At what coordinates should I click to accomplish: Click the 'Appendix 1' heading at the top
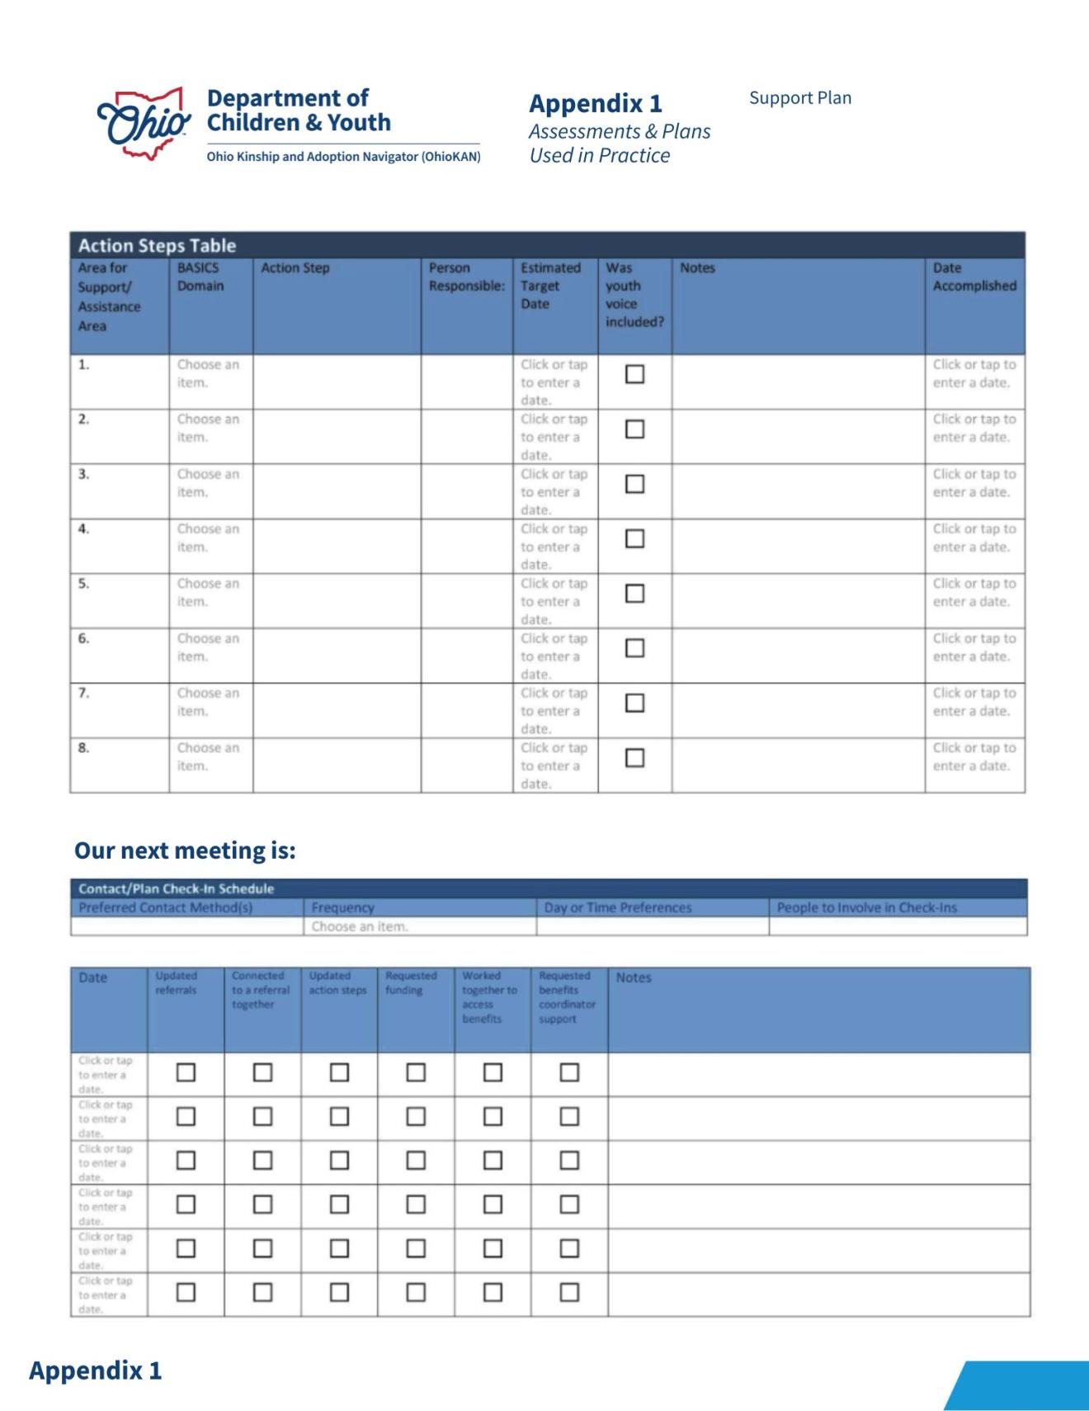(x=595, y=104)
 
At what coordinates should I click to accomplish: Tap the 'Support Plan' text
(x=799, y=98)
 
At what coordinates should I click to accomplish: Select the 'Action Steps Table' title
(x=157, y=245)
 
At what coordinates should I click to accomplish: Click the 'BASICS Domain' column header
(x=200, y=277)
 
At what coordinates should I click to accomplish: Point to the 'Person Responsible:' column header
(x=466, y=277)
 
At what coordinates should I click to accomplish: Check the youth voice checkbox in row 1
(x=634, y=374)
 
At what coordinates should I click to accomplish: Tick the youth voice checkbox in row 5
(x=634, y=594)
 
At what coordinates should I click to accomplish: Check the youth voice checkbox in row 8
(x=634, y=758)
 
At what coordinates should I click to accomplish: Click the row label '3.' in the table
(x=83, y=475)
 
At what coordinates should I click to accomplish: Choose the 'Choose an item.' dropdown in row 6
(x=208, y=647)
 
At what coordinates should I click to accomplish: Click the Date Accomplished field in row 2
(x=973, y=429)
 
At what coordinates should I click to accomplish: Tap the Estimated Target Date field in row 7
(x=554, y=711)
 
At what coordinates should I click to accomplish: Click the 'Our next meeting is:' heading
(x=185, y=850)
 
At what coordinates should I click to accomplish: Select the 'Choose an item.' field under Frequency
(x=360, y=926)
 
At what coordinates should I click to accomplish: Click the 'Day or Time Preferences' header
(x=618, y=907)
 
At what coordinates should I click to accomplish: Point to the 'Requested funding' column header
(x=411, y=982)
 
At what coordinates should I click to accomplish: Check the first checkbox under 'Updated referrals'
(x=186, y=1072)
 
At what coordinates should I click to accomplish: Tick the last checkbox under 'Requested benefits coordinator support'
(x=569, y=1292)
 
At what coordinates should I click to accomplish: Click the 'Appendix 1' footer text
(x=96, y=1371)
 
